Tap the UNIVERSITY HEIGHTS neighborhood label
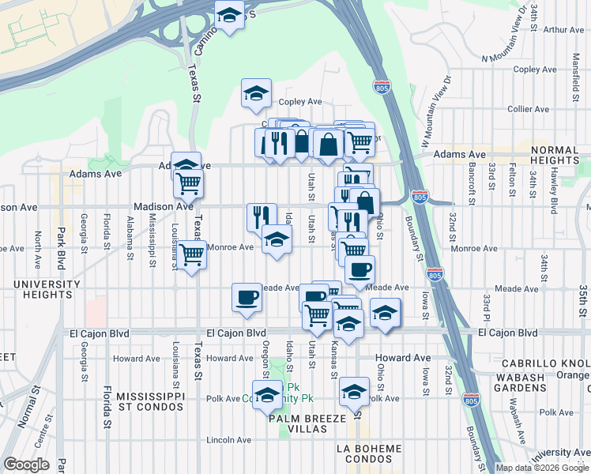click(x=32, y=289)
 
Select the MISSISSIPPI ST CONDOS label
click(x=150, y=401)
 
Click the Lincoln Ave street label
click(x=228, y=440)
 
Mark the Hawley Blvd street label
click(x=553, y=194)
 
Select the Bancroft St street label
click(x=471, y=184)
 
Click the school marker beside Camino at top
click(x=230, y=16)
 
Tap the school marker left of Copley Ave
click(x=256, y=93)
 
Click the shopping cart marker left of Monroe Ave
click(x=191, y=255)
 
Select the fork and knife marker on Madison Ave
click(x=261, y=216)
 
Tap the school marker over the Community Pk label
click(x=268, y=395)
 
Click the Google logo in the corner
click(x=27, y=465)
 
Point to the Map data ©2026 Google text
click(x=542, y=468)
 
